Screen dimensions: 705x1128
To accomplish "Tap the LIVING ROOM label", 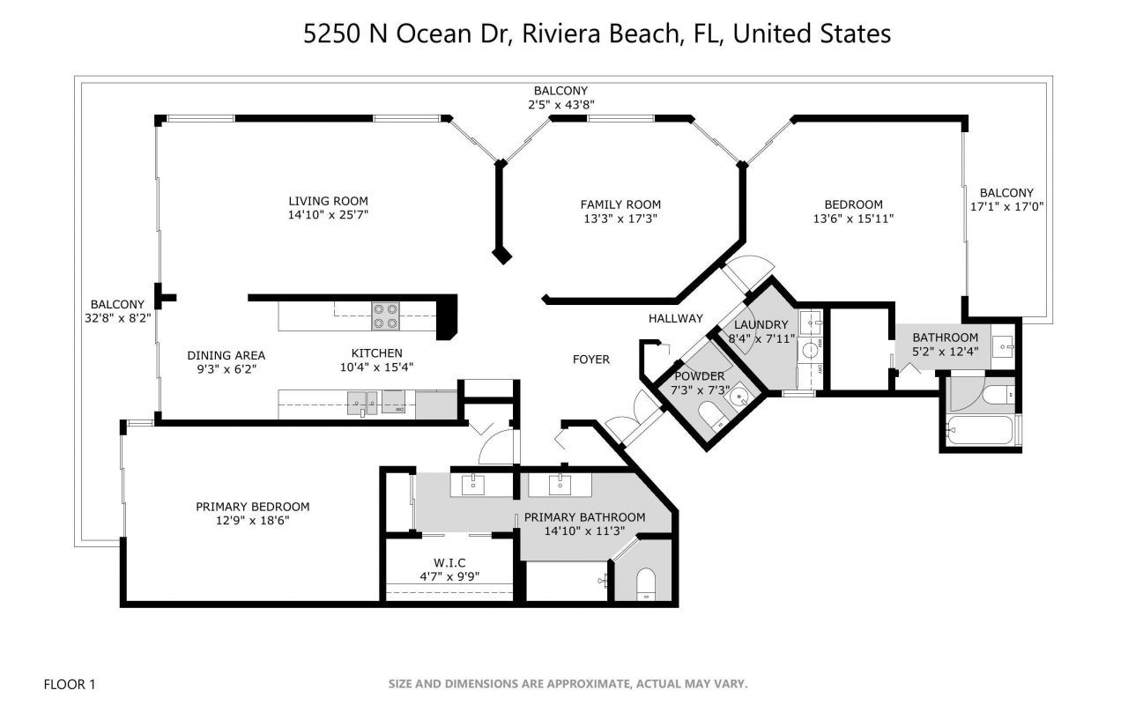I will coord(327,201).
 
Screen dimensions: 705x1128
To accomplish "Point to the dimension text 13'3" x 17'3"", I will coord(620,219).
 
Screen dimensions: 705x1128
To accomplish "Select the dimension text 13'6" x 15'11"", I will coord(853,219).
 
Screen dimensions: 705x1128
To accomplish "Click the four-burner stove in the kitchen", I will coord(384,315).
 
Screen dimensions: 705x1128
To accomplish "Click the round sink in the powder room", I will coord(737,397).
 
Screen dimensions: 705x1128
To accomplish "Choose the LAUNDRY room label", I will coord(761,324).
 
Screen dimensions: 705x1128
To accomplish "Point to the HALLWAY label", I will coord(676,318).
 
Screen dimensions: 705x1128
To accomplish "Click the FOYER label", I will coord(591,359).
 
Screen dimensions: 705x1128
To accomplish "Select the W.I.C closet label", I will coord(449,563).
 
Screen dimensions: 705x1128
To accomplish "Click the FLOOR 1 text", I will coord(70,683).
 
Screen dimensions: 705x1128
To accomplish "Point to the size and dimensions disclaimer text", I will coord(568,683).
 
